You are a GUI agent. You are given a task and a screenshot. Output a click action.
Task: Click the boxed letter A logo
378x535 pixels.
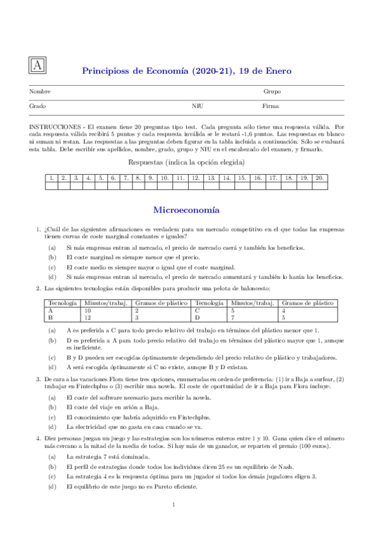(x=38, y=66)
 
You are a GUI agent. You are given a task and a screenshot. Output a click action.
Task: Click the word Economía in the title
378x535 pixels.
(x=157, y=71)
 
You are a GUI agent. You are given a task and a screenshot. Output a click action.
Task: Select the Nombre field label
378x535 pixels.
(x=40, y=92)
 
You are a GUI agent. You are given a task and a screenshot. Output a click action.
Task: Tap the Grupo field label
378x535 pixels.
(x=272, y=92)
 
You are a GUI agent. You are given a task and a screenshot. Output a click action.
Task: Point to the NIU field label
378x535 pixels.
(x=197, y=107)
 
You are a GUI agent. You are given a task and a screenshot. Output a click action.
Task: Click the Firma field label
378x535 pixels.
(x=271, y=107)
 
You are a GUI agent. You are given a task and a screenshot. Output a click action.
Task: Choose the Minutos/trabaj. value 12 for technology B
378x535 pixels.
(x=88, y=317)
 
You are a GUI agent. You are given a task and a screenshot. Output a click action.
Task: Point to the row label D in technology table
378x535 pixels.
(x=198, y=317)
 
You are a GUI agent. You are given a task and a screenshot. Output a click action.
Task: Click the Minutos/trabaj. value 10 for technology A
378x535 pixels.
(x=88, y=310)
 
